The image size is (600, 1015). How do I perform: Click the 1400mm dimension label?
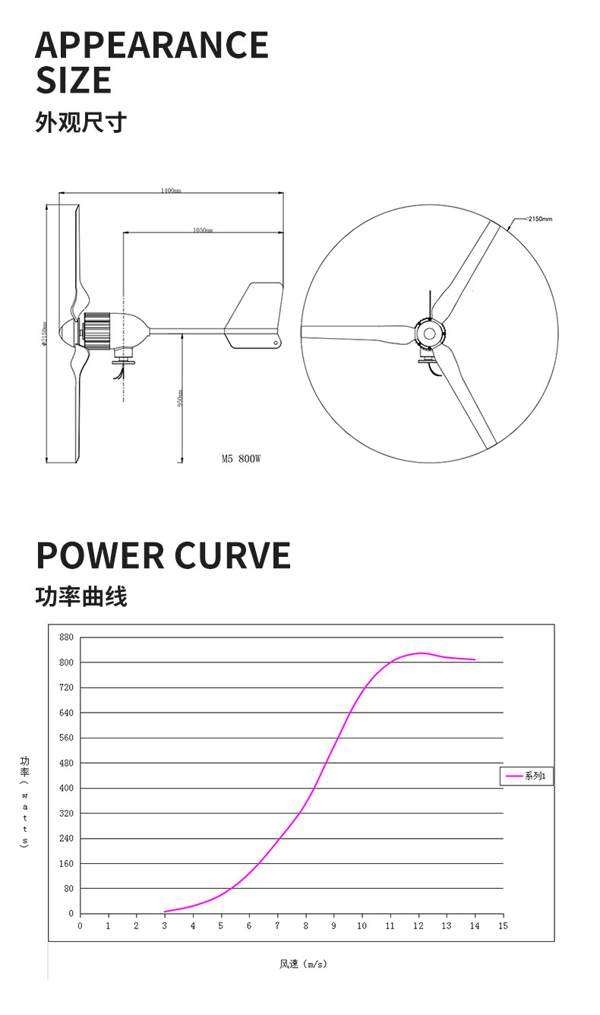171,190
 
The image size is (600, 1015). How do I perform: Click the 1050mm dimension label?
202,229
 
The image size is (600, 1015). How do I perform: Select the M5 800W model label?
241,459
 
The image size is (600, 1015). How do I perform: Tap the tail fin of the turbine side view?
255,315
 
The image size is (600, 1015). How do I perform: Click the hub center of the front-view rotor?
429,334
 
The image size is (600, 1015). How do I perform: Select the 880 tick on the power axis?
66,637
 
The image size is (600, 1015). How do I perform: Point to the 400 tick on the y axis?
66,788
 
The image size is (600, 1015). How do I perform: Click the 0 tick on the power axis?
71,914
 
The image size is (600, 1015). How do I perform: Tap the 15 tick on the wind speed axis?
502,926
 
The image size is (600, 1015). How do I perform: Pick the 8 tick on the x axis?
305,926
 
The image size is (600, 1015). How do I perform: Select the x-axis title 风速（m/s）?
302,965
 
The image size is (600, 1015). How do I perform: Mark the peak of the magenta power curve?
420,653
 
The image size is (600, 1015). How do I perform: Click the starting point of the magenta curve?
165,912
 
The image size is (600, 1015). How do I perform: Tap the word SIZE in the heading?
74,81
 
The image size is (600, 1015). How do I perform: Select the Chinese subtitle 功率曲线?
81,597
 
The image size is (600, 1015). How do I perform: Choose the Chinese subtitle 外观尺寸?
81,122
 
